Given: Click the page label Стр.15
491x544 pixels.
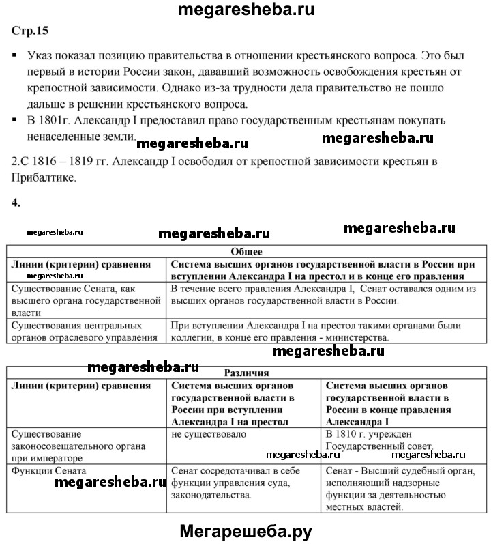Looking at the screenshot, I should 30,30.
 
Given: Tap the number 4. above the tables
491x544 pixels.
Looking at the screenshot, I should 16,202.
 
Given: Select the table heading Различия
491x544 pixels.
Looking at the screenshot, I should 246,373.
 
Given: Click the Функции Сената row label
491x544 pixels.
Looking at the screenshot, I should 48,470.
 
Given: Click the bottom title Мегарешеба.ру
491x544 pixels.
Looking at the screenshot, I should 246,530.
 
